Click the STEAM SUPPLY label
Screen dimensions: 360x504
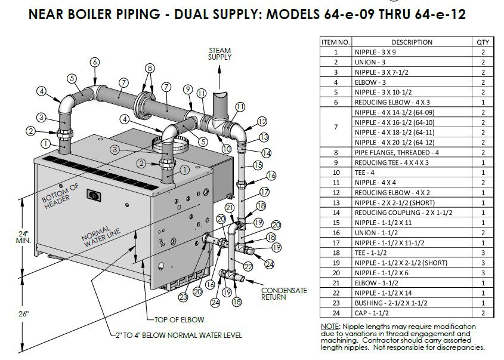(219, 53)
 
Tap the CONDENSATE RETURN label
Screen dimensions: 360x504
(284, 293)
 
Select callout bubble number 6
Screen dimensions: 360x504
(95, 62)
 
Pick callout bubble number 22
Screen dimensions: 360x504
(248, 266)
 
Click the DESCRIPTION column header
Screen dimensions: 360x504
(412, 42)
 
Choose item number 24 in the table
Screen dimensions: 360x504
(336, 313)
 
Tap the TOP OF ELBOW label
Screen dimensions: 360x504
(179, 319)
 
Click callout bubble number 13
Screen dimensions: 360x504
(263, 137)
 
